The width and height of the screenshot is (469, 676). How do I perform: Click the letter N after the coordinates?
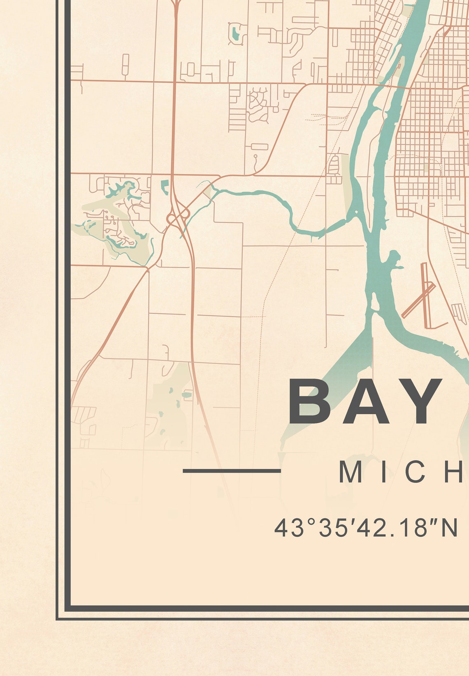tap(450, 528)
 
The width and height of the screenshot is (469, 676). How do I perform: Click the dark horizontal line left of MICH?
tap(232, 471)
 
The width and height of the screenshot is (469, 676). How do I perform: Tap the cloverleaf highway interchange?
tap(178, 215)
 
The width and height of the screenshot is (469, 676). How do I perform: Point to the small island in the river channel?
tap(375, 303)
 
